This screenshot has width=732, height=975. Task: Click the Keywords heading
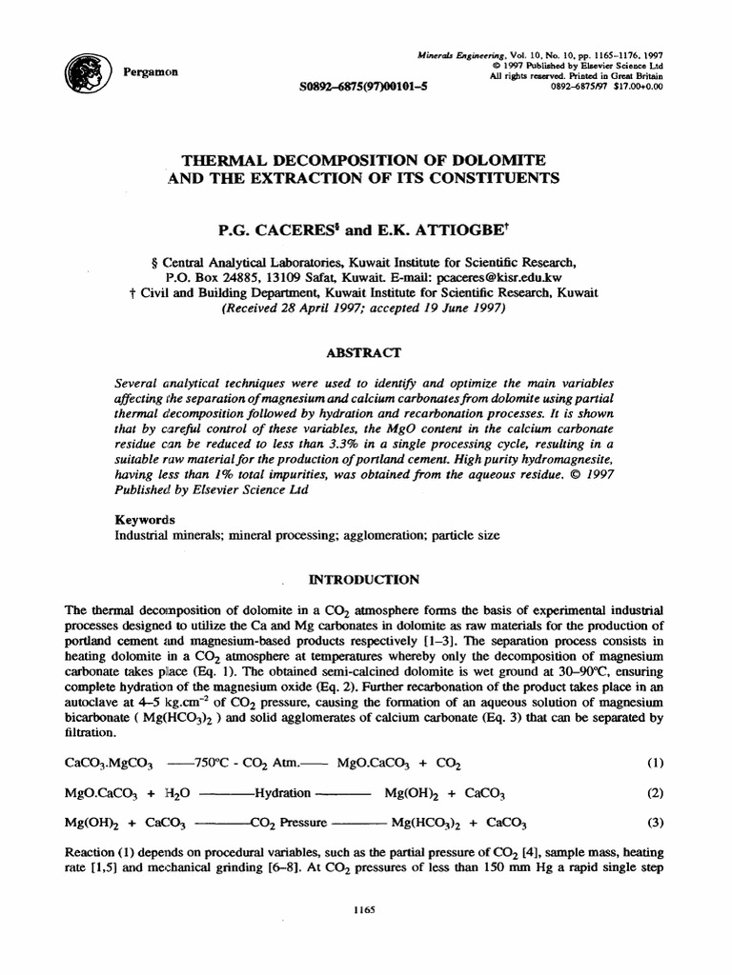[145, 520]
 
